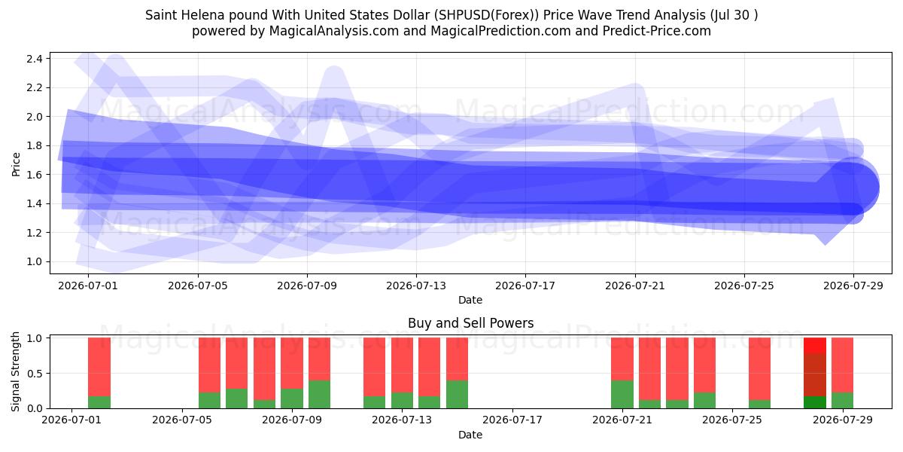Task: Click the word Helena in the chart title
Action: [x=204, y=15]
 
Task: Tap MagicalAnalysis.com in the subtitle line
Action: [x=334, y=31]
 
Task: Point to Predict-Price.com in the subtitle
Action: [x=657, y=31]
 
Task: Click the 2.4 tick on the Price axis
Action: [x=35, y=59]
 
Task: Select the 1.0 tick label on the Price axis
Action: [x=35, y=261]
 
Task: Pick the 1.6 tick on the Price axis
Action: [x=35, y=175]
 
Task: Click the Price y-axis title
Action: [x=16, y=164]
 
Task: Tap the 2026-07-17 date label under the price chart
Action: [x=525, y=286]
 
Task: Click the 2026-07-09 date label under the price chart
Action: [x=307, y=286]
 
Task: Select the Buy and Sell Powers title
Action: [x=470, y=323]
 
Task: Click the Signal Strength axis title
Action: [x=15, y=371]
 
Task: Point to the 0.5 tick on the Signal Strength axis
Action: [x=35, y=374]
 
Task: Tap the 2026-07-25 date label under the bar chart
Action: [x=732, y=420]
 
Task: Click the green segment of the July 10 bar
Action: [x=319, y=394]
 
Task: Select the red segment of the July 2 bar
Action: [x=99, y=367]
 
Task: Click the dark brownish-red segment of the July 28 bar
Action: [x=815, y=375]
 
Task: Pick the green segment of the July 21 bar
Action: [x=622, y=394]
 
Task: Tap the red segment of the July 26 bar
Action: [x=759, y=369]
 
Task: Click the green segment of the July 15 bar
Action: [x=457, y=394]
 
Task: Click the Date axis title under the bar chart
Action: [x=470, y=435]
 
